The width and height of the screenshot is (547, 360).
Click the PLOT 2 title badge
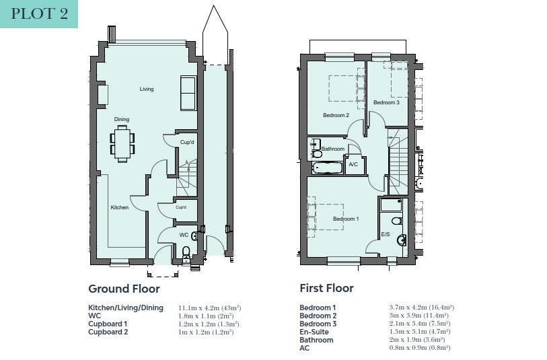39,14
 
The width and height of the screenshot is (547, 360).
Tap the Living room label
147,89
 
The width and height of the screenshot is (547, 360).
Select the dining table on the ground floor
122,144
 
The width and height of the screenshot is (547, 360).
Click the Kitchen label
120,207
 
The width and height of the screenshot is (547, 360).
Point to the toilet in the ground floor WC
186,254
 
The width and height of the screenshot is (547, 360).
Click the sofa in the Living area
188,93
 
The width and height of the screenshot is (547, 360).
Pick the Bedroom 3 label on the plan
386,102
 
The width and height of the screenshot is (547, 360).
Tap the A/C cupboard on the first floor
354,165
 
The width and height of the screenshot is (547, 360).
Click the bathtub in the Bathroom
328,168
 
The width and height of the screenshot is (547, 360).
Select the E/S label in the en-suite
386,234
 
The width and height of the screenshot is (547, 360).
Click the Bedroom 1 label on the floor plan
346,219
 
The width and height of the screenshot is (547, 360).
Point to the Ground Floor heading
124,289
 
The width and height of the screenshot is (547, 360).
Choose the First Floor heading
326,288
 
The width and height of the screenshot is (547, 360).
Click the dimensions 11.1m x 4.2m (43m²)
210,308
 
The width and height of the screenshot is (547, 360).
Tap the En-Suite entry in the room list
314,332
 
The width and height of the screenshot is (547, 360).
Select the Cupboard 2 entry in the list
108,332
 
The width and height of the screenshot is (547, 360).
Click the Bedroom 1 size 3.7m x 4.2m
408,308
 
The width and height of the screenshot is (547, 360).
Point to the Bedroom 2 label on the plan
336,115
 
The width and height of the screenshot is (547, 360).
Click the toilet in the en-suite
397,221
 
